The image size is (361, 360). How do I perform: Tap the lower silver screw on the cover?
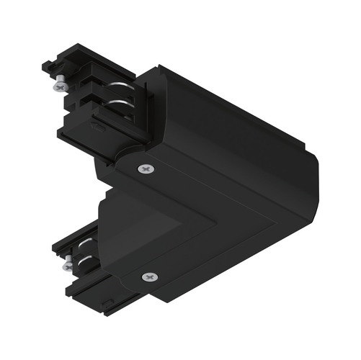coord(150,277)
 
